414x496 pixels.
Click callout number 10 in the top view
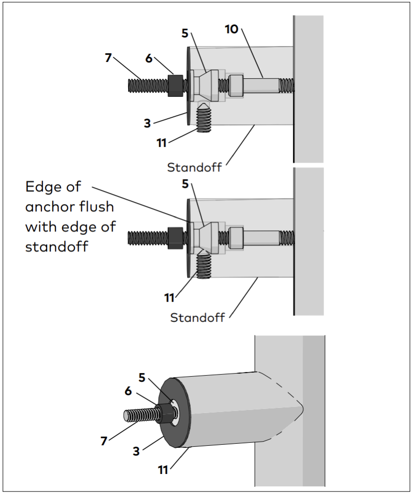(x=232, y=29)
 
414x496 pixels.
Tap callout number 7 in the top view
(x=108, y=58)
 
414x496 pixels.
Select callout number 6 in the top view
(x=149, y=58)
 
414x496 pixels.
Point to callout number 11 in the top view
(x=162, y=143)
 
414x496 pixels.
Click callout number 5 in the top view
(x=185, y=33)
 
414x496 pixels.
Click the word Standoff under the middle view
(x=197, y=317)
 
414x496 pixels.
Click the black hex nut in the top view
(x=175, y=85)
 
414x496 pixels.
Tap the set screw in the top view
(x=204, y=118)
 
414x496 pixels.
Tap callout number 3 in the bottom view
(x=136, y=451)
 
